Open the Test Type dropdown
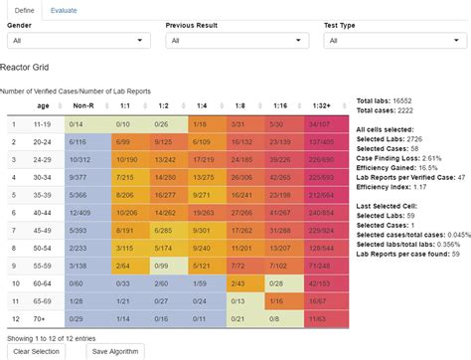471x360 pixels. [395, 41]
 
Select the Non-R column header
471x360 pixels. [83, 105]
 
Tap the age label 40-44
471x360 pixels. [43, 212]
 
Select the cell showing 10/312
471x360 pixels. [83, 159]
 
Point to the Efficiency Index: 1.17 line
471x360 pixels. [392, 186]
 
